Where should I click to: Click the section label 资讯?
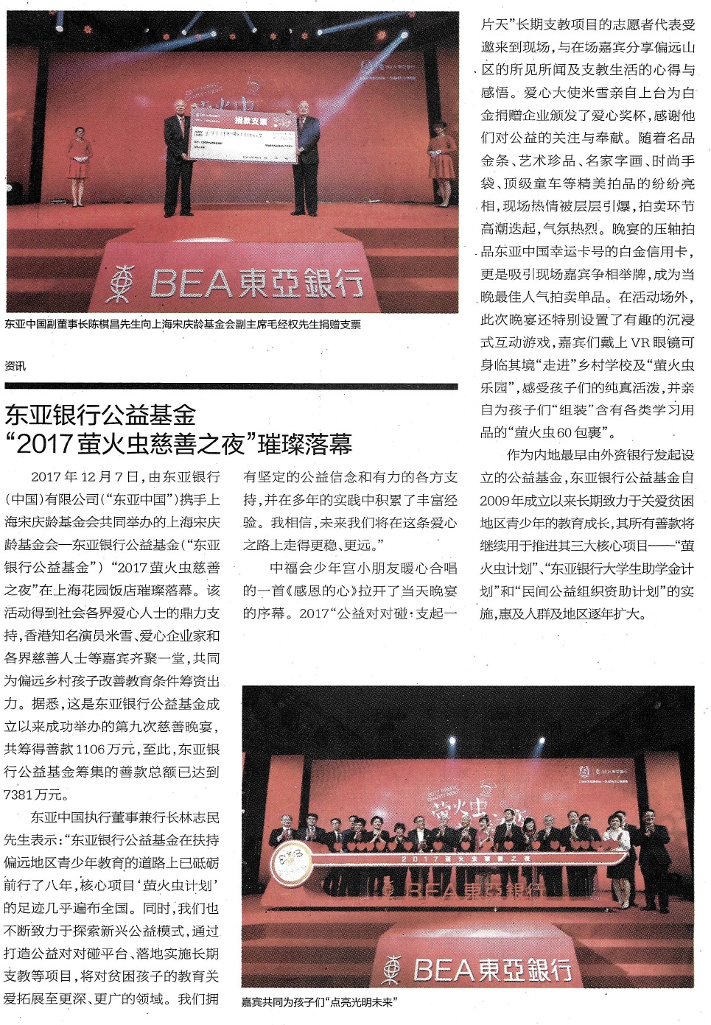pyautogui.click(x=15, y=366)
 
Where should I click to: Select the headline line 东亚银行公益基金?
pyautogui.click(x=100, y=415)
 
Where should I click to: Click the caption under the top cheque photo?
pyautogui.click(x=183, y=324)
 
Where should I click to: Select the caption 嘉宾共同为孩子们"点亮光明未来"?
pyautogui.click(x=319, y=1001)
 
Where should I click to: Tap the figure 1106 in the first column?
pyautogui.click(x=91, y=749)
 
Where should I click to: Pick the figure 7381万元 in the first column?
pyautogui.click(x=36, y=795)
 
